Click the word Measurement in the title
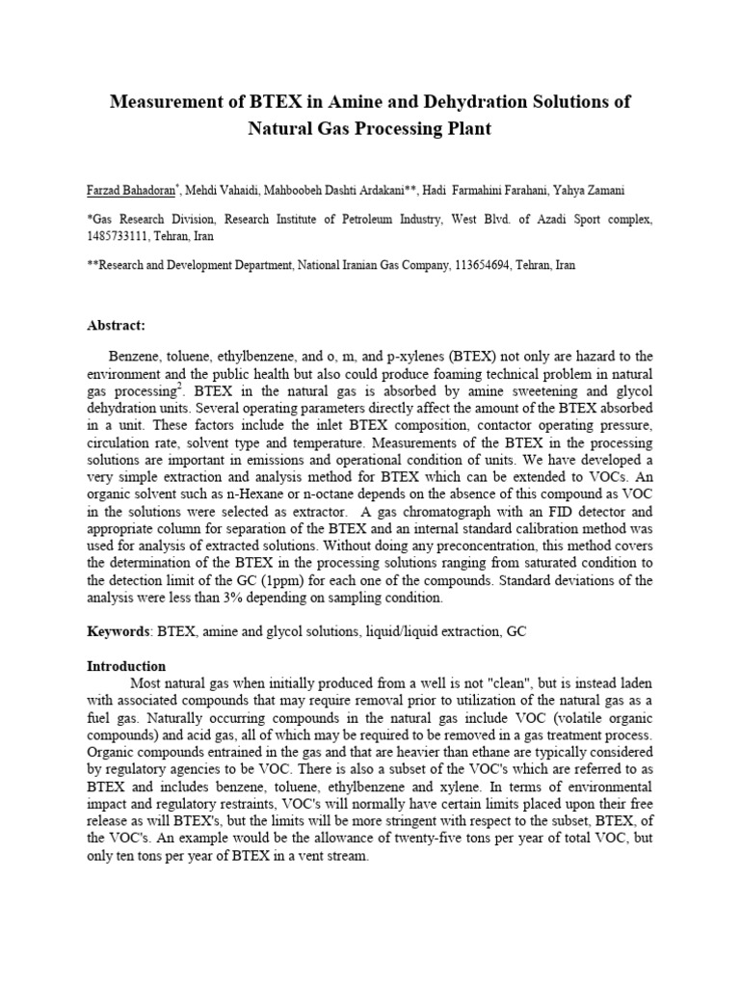(160, 101)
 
